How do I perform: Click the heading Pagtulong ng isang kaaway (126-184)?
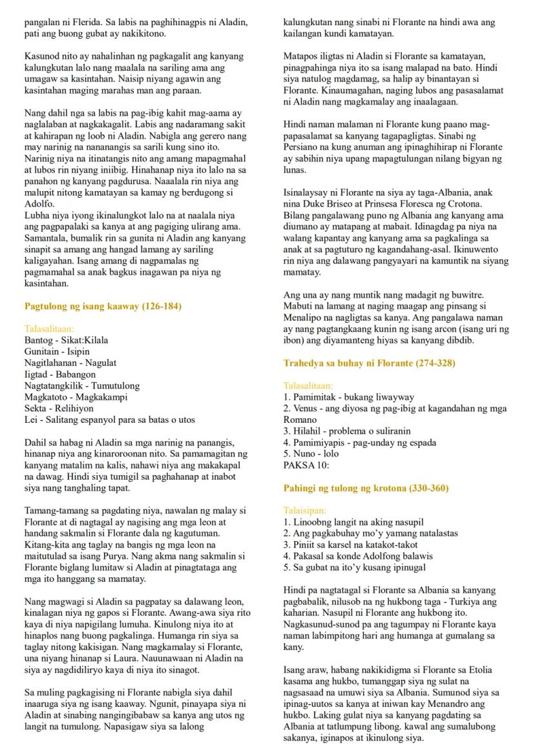click(x=103, y=306)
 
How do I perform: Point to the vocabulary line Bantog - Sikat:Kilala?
click(x=67, y=340)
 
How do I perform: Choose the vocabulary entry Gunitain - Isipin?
click(x=57, y=352)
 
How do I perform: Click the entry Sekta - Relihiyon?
click(x=59, y=409)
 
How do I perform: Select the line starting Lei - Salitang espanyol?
click(x=109, y=420)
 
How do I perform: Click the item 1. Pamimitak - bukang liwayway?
click(x=349, y=397)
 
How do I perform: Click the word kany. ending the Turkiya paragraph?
click(x=293, y=647)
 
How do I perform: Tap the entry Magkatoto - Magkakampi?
click(x=76, y=397)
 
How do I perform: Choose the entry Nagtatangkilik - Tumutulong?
click(x=82, y=386)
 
